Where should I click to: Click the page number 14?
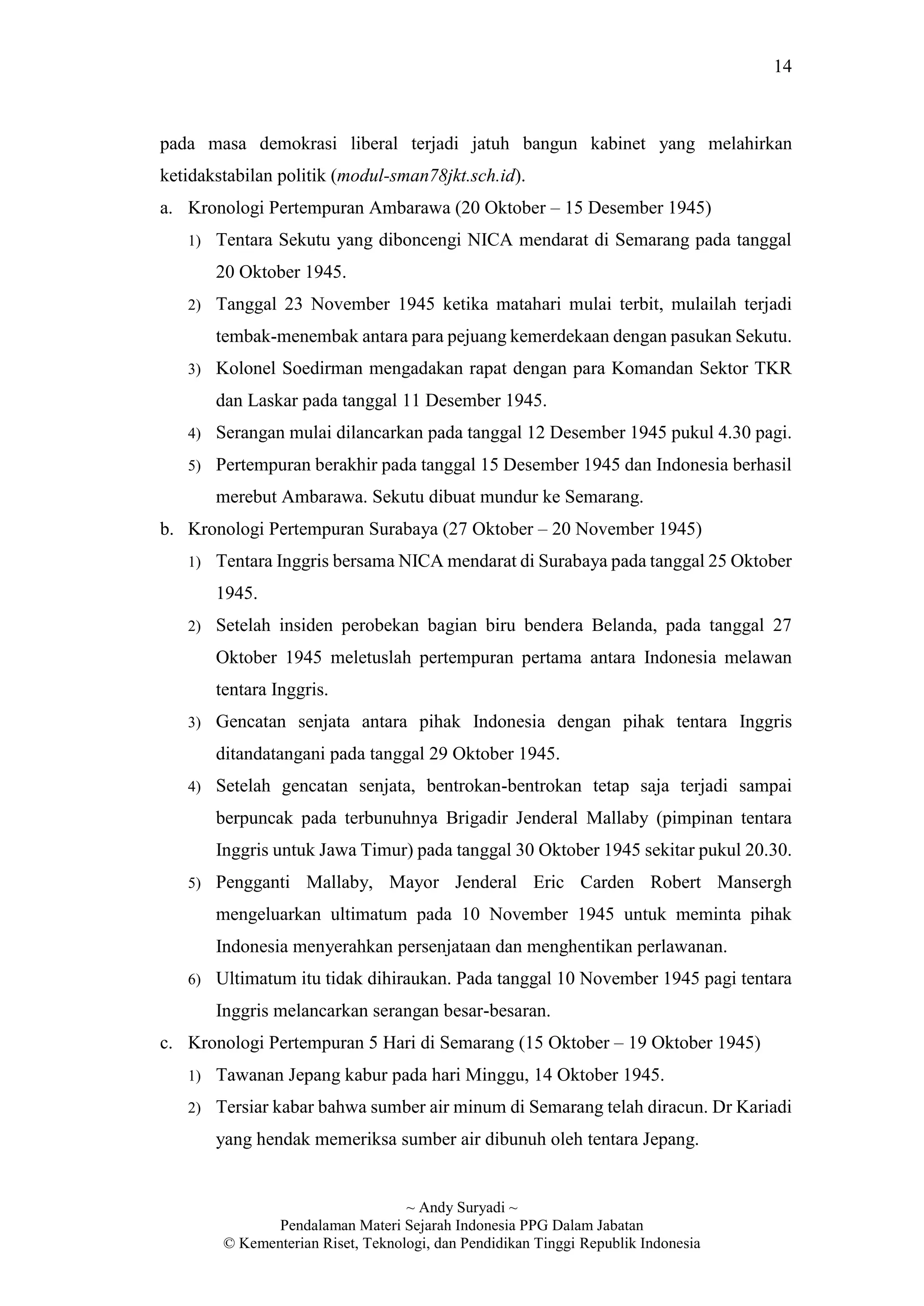(x=782, y=67)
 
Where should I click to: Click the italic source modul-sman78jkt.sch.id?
(x=426, y=176)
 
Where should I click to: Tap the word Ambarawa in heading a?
(x=409, y=208)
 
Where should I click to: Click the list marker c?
(x=166, y=1043)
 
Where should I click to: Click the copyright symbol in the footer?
(x=229, y=1243)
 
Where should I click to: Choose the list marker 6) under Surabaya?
(x=194, y=979)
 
